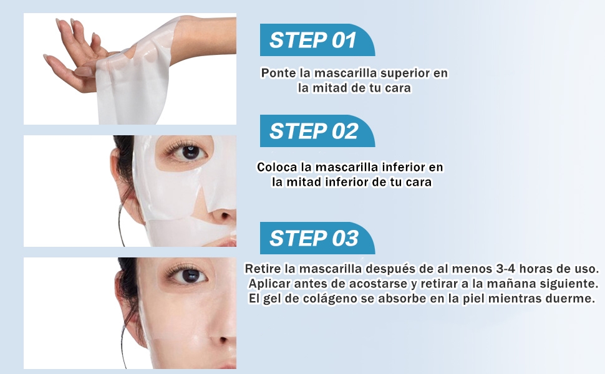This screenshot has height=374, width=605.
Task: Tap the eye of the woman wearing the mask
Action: click(x=186, y=151)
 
